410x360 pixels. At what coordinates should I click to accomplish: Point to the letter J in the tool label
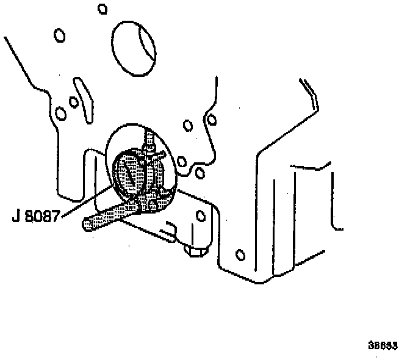tap(16, 217)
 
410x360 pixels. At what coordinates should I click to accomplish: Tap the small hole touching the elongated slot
tap(73, 101)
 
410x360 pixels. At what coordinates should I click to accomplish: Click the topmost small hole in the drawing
tap(103, 9)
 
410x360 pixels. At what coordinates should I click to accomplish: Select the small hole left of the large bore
tap(60, 35)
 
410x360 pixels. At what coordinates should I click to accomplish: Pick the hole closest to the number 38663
tap(240, 254)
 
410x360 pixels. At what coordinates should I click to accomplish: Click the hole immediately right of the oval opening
tap(181, 162)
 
